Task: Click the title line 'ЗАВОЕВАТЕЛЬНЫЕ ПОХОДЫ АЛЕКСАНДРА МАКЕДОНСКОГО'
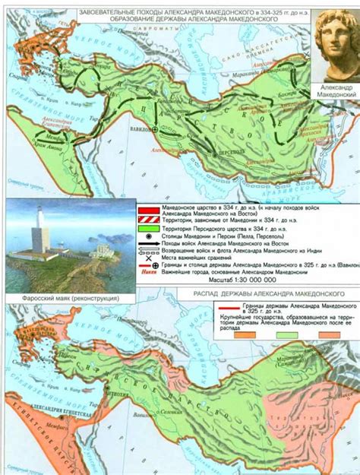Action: (x=183, y=13)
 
